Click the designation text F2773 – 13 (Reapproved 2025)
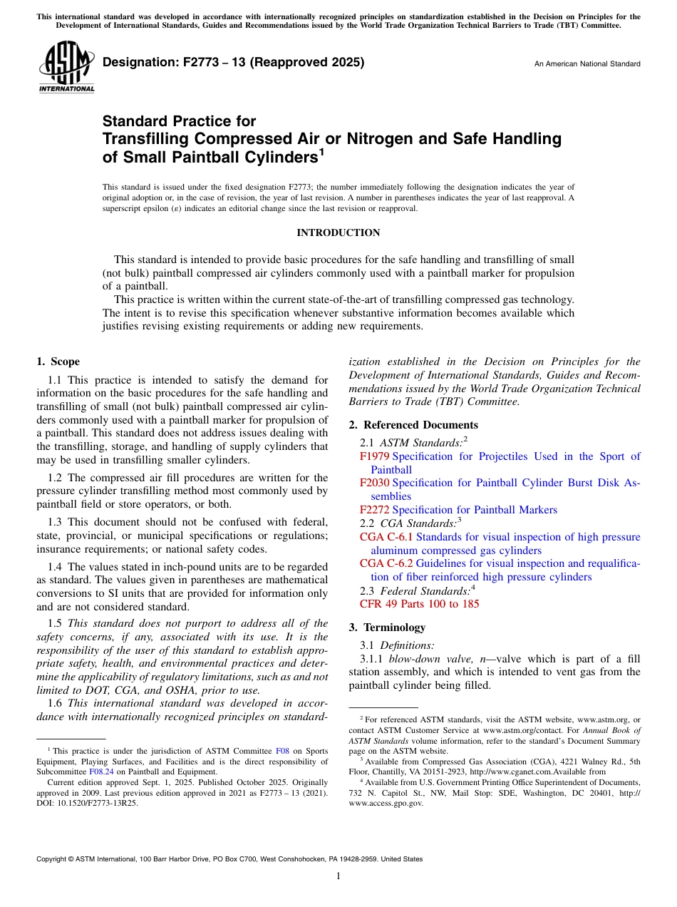tap(234, 62)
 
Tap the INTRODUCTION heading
tap(338, 233)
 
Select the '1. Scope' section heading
tap(58, 362)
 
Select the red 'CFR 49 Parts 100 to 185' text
tap(420, 604)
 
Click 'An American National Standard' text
tap(587, 64)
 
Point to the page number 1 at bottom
tap(338, 876)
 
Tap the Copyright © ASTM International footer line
tap(229, 859)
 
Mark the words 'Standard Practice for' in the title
tap(179, 122)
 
